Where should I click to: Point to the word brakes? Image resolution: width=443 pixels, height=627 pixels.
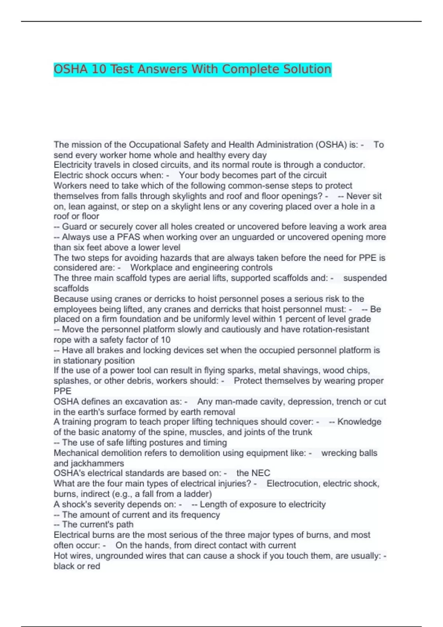click(109, 350)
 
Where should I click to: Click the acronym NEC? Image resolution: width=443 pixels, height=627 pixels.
click(261, 473)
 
